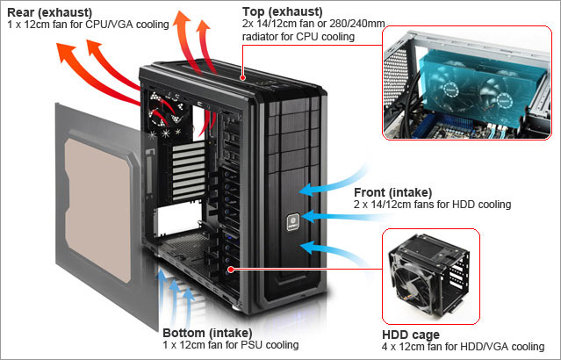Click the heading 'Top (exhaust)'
coord(281,11)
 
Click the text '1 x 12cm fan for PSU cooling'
coord(231,345)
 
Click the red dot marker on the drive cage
coord(231,270)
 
